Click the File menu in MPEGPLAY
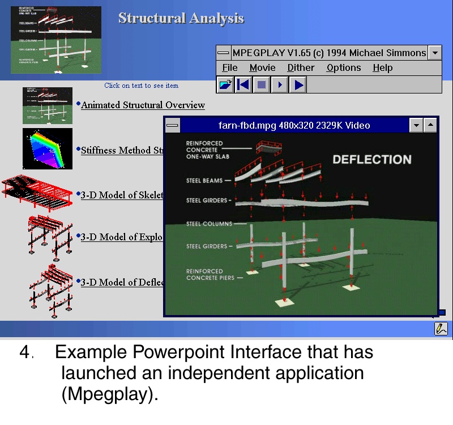(x=229, y=68)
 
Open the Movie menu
(x=262, y=68)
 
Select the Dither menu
(x=301, y=68)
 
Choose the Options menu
(x=343, y=68)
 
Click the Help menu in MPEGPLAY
(x=382, y=68)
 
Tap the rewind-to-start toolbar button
(x=243, y=85)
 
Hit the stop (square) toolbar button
(x=261, y=85)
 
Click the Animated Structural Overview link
(x=143, y=105)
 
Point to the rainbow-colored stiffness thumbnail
(x=48, y=148)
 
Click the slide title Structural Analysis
(x=181, y=18)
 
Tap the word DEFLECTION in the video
(x=371, y=160)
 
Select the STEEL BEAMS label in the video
(x=205, y=181)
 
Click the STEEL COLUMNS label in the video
(x=209, y=224)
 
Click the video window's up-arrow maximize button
(x=431, y=125)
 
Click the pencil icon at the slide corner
(x=441, y=328)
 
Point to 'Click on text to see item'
(x=141, y=86)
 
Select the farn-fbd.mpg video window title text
(x=294, y=125)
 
